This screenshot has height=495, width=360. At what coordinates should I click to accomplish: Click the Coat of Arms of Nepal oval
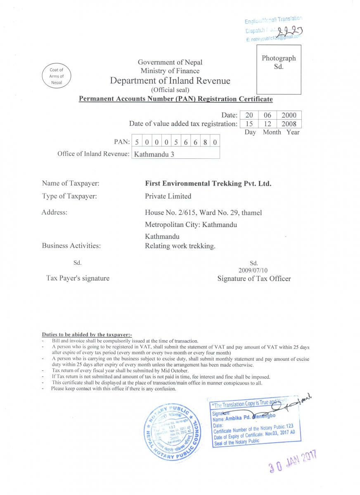[x=56, y=76]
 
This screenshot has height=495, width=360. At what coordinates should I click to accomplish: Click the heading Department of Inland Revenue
[x=170, y=80]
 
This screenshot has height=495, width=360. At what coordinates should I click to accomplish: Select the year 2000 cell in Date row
[x=289, y=115]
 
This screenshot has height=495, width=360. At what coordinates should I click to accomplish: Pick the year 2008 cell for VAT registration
[x=289, y=124]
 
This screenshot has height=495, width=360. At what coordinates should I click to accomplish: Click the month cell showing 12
[x=267, y=124]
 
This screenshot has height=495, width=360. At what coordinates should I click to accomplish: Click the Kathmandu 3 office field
[x=175, y=154]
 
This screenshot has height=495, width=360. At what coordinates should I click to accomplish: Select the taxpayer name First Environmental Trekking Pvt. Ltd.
[x=208, y=184]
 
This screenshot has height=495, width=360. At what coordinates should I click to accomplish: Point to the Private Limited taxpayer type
[x=168, y=196]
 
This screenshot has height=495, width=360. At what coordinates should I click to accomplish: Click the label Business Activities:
[x=71, y=245]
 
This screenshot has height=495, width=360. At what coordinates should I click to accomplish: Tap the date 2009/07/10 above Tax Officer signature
[x=253, y=270]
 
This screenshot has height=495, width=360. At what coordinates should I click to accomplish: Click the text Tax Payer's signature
[x=78, y=278]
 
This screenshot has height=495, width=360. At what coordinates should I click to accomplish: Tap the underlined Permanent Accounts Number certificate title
[x=175, y=99]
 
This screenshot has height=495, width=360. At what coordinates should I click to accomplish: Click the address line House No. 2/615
[x=203, y=212]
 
